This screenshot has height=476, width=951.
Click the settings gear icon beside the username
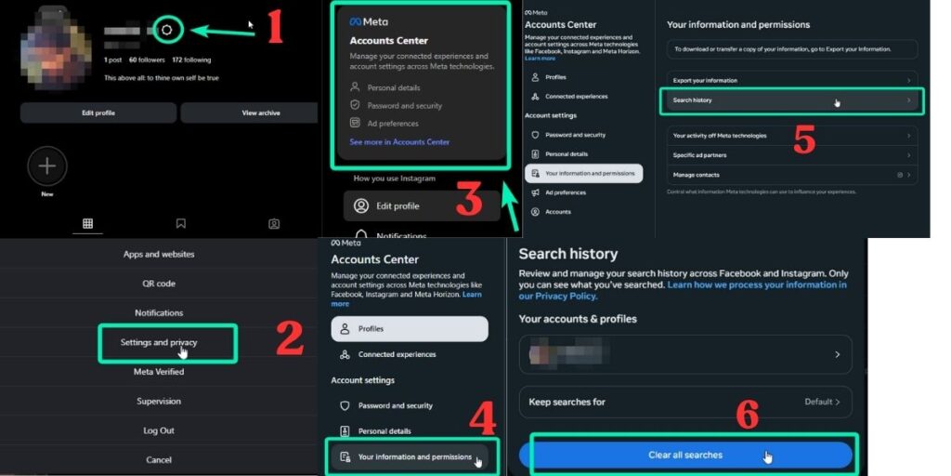point(166,30)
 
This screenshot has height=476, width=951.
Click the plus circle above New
point(47,166)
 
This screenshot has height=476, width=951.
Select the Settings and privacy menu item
point(159,343)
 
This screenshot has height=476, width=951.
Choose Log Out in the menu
point(159,430)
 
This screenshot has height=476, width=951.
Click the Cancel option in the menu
point(159,460)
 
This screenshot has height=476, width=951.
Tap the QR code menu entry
point(159,284)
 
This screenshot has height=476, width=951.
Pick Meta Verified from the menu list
point(159,372)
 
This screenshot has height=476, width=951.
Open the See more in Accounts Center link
point(399,142)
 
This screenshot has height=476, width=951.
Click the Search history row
point(791,100)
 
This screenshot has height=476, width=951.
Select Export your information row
point(791,80)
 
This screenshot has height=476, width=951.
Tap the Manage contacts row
point(791,175)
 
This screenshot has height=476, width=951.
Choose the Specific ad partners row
point(791,155)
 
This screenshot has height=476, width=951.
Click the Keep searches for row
point(684,402)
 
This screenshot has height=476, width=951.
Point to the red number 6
point(748,416)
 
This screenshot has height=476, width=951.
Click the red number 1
point(275,28)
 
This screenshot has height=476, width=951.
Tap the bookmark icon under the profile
point(180,223)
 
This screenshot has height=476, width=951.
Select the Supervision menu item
point(159,402)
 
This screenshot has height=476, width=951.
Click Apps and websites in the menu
point(159,254)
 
